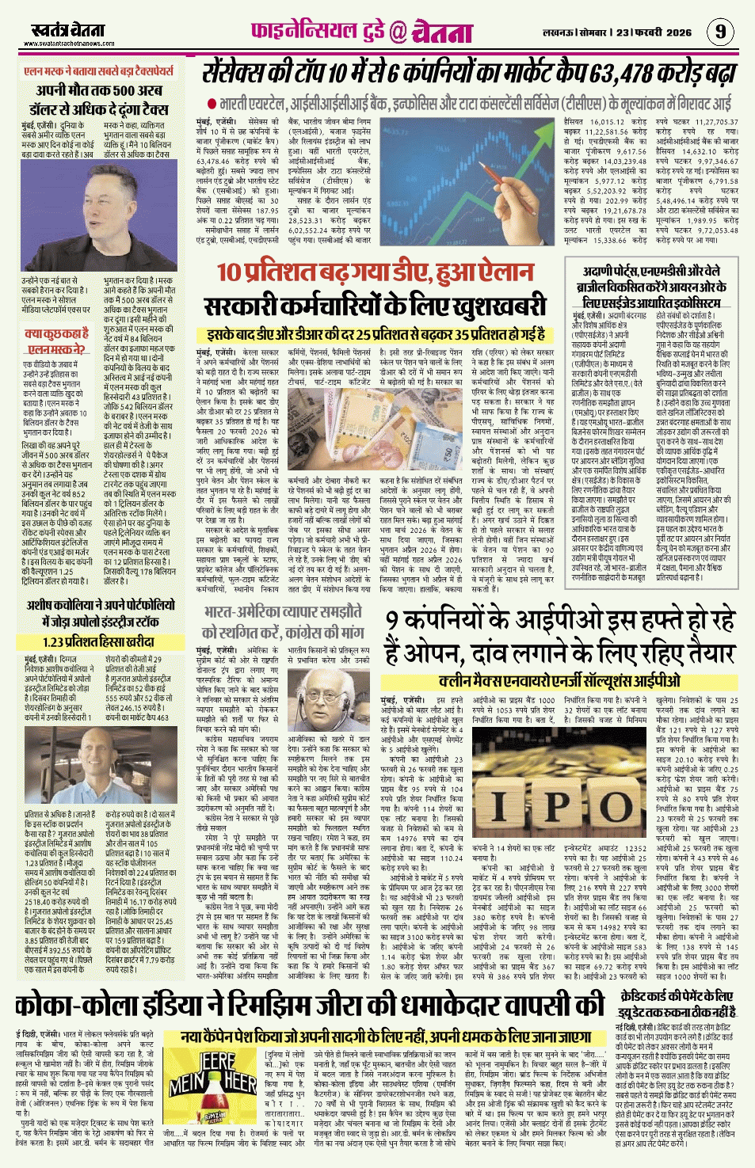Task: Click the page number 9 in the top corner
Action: click(x=720, y=32)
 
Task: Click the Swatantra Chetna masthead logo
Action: click(x=67, y=30)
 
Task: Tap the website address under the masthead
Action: click(x=67, y=44)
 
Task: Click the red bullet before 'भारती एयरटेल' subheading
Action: click(x=212, y=105)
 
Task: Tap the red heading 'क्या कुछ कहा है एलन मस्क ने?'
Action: click(x=57, y=341)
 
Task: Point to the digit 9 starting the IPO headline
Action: click(x=394, y=622)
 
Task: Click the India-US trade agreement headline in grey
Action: click(x=283, y=622)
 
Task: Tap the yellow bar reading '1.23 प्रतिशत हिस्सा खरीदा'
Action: click(x=99, y=642)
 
